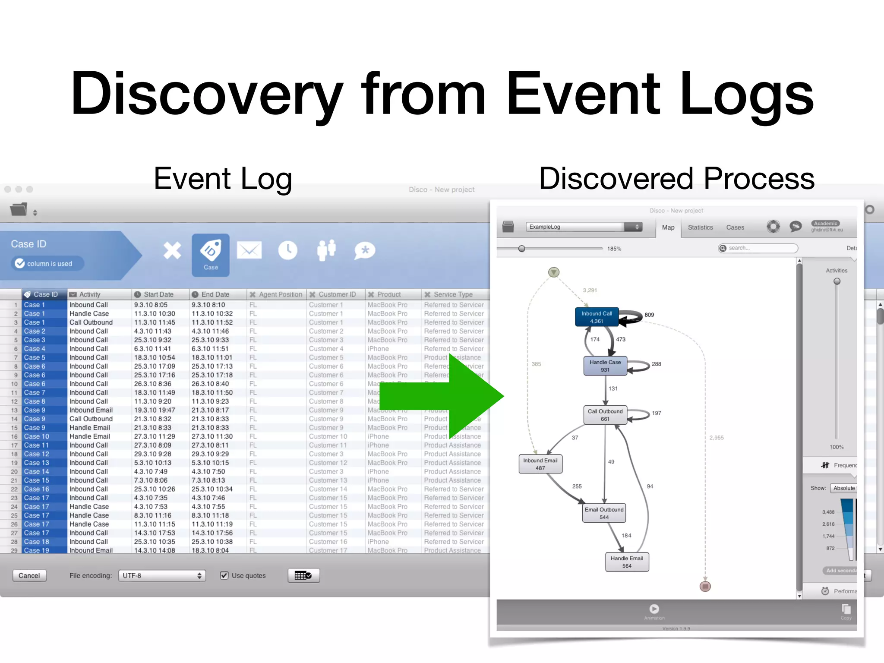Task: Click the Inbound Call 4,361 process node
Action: [597, 317]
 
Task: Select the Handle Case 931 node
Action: [605, 366]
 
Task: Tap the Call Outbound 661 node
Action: [605, 415]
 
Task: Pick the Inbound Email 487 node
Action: [540, 464]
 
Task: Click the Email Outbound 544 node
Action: [604, 513]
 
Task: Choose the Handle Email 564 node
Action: [627, 562]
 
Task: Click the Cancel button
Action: [29, 575]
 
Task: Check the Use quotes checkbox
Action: [224, 575]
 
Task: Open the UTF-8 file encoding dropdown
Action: [162, 575]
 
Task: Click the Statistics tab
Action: [700, 227]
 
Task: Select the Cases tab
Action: [735, 227]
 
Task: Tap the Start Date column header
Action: [158, 294]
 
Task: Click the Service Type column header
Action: [453, 294]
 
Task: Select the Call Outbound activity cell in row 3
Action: [91, 322]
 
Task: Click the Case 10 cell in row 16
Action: [37, 436]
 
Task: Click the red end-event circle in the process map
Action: [705, 586]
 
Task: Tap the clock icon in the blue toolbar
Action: [287, 251]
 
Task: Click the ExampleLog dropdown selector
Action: [584, 227]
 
